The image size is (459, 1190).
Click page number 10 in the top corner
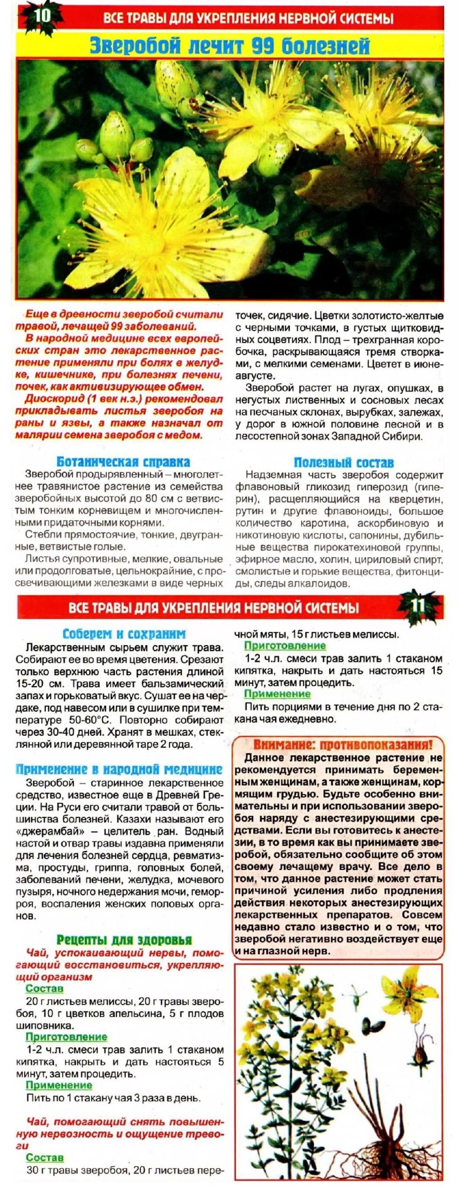[x=42, y=16]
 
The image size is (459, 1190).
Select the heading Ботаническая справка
[x=123, y=462]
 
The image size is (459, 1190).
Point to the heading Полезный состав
[x=343, y=462]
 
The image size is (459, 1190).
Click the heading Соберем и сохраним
[x=124, y=634]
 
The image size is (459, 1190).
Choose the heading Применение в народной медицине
[x=119, y=769]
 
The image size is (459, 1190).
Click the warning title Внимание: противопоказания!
[x=342, y=745]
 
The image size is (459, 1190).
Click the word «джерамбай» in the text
[x=46, y=831]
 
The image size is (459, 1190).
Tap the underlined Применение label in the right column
[x=277, y=694]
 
